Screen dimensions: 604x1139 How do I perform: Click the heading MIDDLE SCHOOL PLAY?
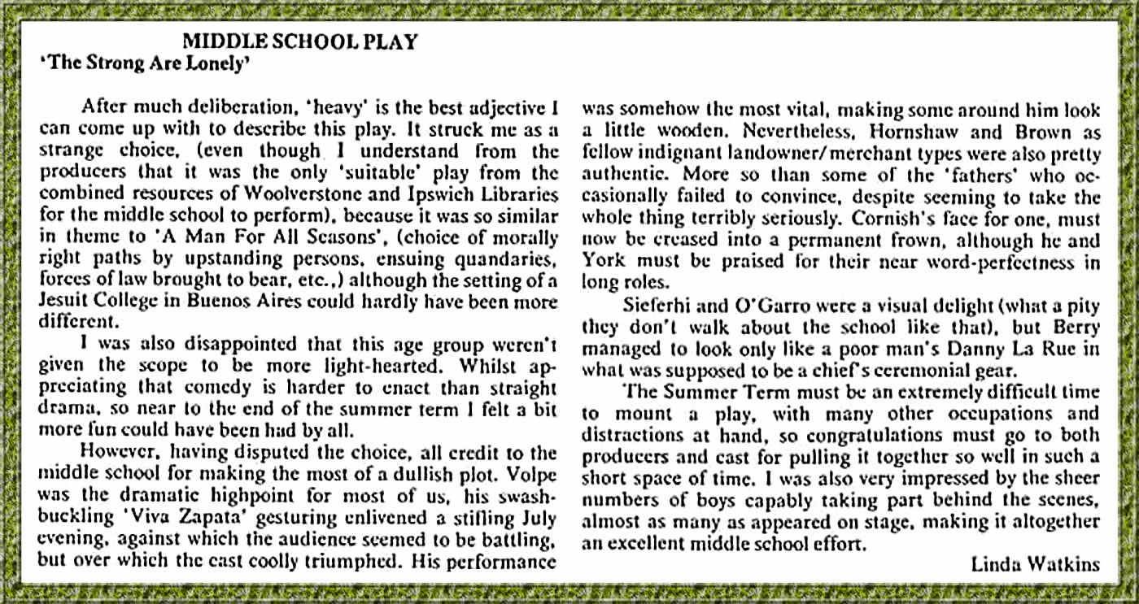(x=299, y=41)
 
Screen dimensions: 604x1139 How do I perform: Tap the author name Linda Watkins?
(x=1035, y=564)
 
